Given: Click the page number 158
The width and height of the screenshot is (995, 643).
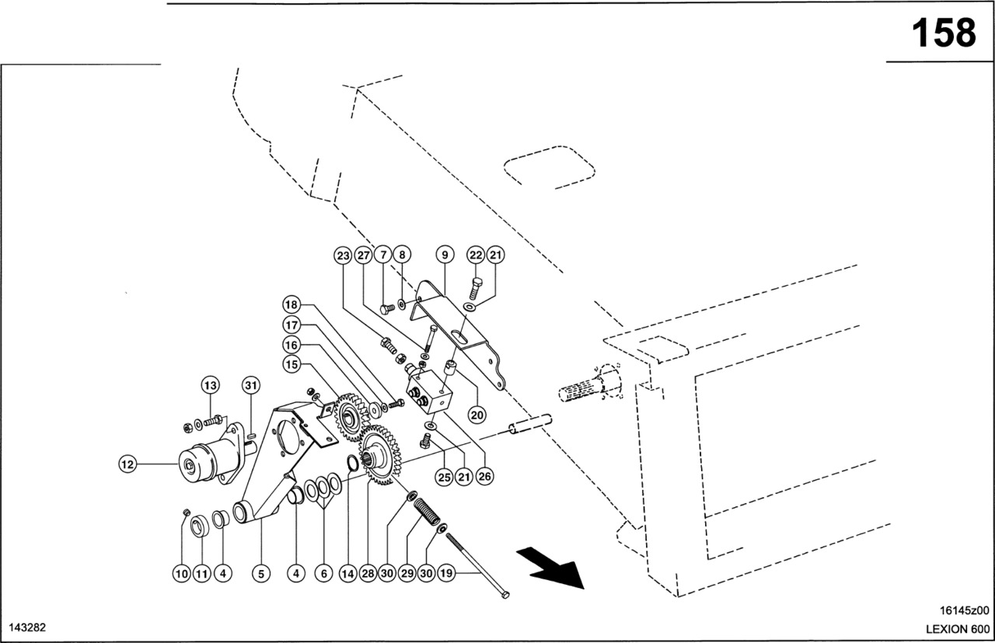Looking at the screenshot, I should (x=943, y=33).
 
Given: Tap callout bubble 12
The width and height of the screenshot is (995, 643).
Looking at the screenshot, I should (x=127, y=464).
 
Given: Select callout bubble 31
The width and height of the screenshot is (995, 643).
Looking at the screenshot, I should (x=250, y=385).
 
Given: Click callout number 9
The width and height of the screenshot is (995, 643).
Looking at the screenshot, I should (x=444, y=255).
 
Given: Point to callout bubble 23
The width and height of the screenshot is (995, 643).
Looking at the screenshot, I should (x=344, y=255).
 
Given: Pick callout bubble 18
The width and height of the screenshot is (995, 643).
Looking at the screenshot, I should (x=291, y=304).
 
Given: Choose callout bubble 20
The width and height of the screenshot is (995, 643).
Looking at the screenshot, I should (x=477, y=415).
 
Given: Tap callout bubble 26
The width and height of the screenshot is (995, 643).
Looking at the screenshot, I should (x=484, y=477).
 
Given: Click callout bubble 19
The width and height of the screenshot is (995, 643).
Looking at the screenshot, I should (x=445, y=574).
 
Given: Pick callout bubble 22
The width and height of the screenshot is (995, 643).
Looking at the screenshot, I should (x=476, y=255).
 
